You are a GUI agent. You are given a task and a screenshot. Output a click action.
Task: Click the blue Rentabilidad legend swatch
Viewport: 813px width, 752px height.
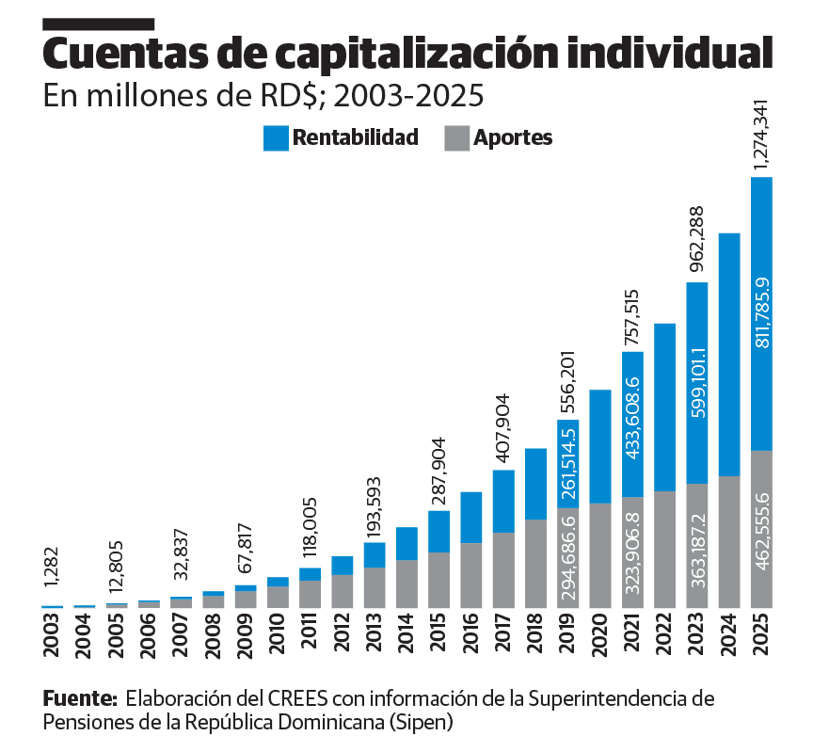pos(276,138)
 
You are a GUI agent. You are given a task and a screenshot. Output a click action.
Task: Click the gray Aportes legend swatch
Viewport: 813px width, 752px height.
pos(454,138)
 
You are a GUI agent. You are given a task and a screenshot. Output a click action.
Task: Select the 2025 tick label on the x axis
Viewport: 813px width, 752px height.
pos(761,635)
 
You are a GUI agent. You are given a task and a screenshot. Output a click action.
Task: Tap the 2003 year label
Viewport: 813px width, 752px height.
pos(52,635)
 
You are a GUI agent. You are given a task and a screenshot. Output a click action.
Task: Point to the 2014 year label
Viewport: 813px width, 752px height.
pos(406,635)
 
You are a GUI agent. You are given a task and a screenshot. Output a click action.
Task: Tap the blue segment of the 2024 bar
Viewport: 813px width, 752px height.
pos(729,354)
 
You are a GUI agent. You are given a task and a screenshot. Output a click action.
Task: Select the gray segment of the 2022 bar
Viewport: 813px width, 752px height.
pos(665,549)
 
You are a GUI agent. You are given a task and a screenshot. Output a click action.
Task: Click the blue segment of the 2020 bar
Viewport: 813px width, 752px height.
pos(600,446)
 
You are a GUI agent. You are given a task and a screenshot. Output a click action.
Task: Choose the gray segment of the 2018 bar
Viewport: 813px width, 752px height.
pos(536,563)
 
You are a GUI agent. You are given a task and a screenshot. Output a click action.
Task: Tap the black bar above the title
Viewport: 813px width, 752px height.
pos(98,22)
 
